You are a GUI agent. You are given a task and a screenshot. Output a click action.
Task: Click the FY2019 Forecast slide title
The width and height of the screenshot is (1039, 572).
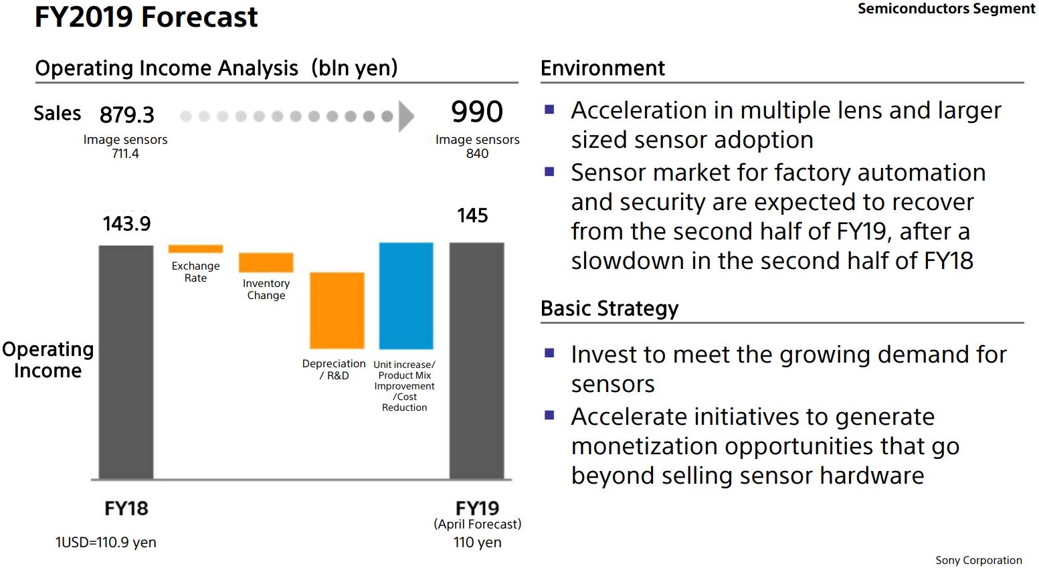tap(146, 17)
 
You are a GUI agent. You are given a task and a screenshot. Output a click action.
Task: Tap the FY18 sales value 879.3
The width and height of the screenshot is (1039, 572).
tap(126, 115)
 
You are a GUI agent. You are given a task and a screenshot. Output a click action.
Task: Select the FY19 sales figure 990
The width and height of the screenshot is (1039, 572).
tap(476, 112)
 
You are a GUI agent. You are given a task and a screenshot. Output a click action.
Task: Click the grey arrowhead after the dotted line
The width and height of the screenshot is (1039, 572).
tap(406, 116)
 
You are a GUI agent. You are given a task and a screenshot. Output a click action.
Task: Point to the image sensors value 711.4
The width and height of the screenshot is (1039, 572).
tap(125, 154)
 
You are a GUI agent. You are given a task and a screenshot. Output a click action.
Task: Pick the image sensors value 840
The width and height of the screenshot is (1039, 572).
tap(477, 154)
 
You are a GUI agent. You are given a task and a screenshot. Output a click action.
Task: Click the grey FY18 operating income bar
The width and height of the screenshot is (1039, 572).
tap(126, 361)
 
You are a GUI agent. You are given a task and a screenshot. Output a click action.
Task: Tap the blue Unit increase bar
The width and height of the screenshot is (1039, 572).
tap(405, 295)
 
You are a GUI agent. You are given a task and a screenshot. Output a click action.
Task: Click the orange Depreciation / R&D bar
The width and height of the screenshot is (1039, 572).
tap(337, 310)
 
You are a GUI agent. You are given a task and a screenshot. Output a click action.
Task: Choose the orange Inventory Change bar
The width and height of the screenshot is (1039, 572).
tap(266, 262)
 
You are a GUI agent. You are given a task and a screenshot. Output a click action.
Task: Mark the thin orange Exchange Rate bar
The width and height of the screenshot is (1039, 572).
tap(195, 249)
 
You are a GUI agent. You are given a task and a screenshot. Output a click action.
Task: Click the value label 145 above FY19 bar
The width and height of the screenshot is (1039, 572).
tap(472, 215)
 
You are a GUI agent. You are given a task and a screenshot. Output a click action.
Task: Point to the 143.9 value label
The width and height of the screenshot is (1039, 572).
tap(126, 223)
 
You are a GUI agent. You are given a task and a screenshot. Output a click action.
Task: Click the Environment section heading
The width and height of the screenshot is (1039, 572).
tap(602, 68)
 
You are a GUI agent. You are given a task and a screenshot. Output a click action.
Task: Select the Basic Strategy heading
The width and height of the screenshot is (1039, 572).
tap(609, 308)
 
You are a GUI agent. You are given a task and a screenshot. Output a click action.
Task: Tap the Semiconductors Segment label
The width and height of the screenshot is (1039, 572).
tap(946, 9)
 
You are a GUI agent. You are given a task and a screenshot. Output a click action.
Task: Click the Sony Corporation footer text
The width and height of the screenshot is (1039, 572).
tap(978, 561)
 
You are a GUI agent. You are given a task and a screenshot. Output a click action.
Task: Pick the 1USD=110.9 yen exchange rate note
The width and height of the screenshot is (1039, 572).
tap(106, 543)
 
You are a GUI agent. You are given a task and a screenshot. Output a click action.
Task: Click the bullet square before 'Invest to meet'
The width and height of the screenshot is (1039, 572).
tap(550, 353)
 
